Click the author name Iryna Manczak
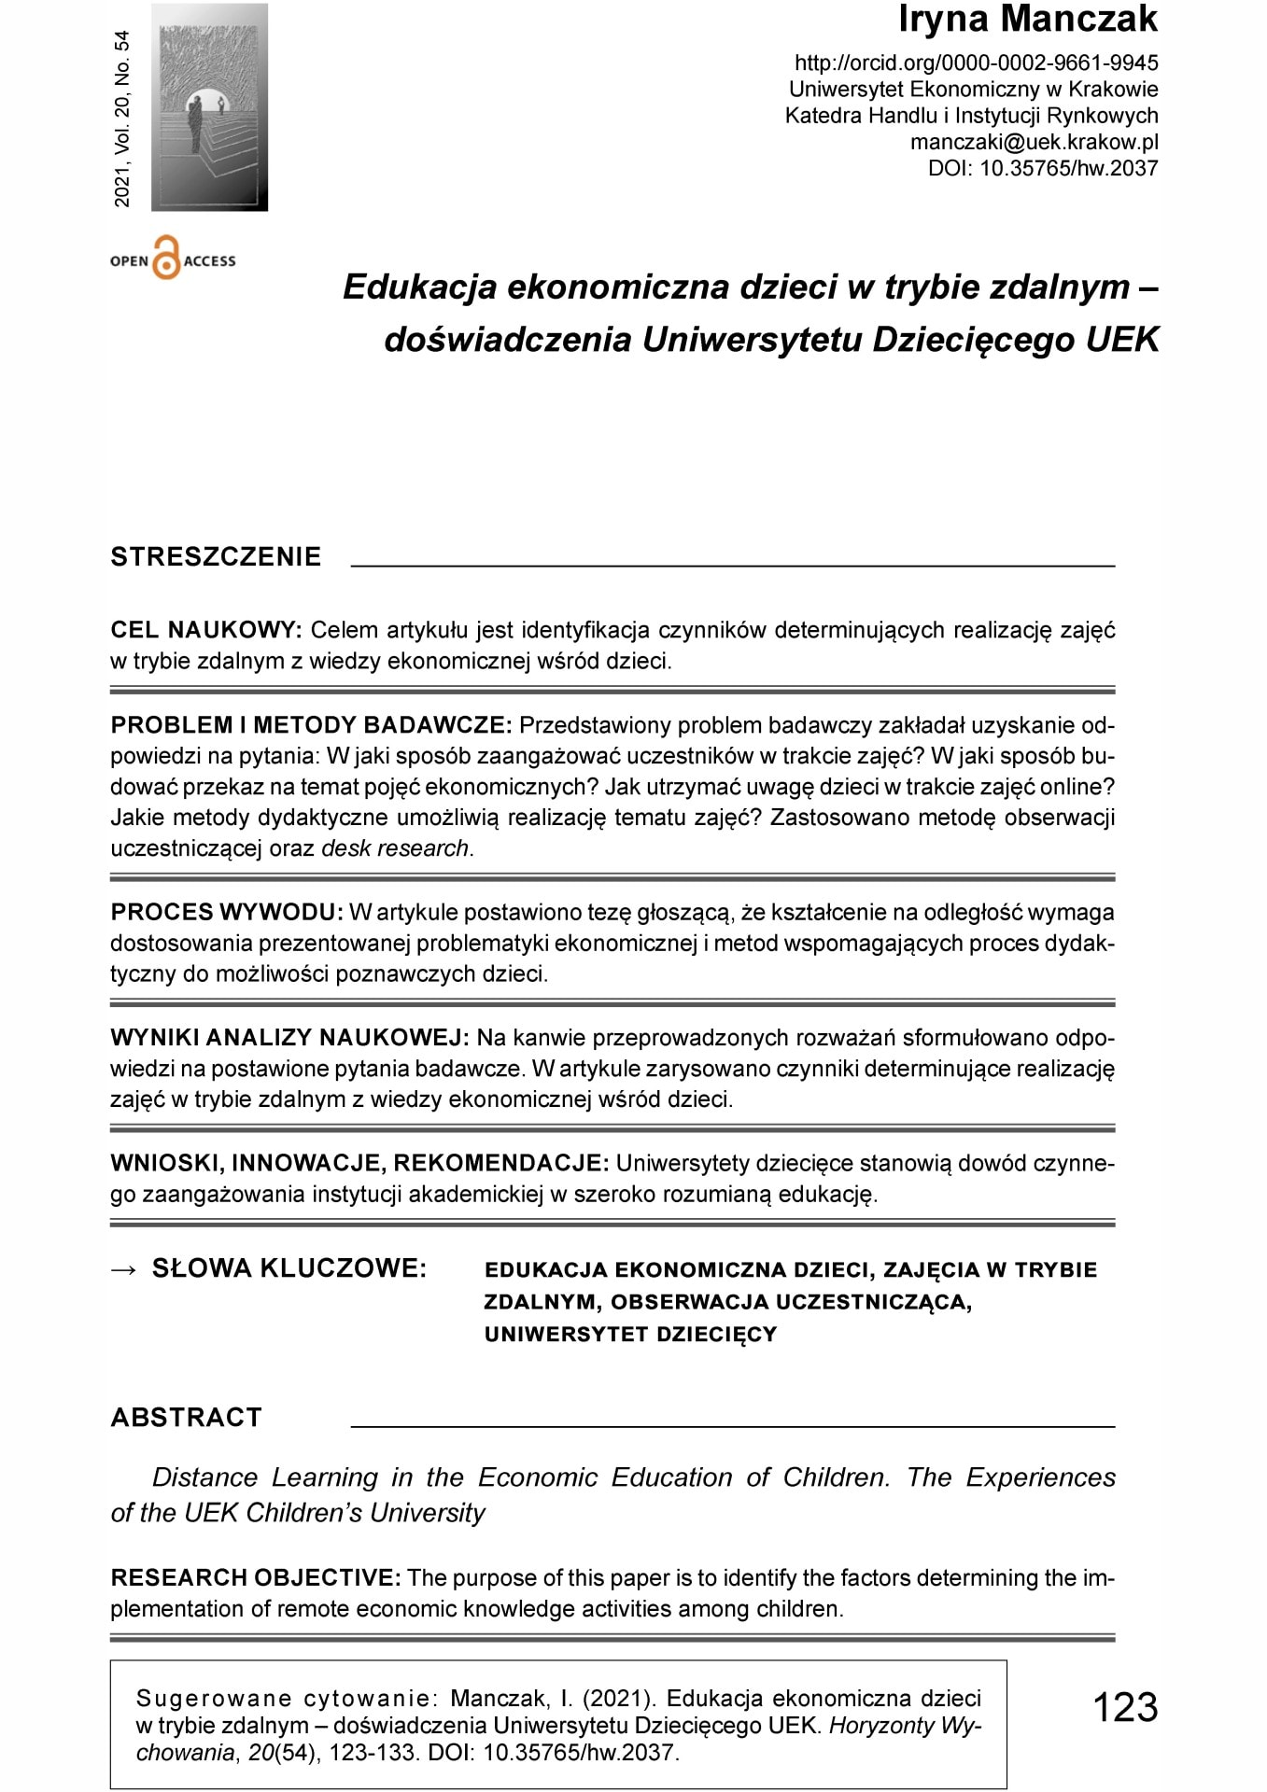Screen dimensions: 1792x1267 [x=1027, y=21]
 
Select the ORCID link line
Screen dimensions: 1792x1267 [x=976, y=63]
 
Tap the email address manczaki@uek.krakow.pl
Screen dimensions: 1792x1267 [x=1034, y=143]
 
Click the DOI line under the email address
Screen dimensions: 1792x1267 [x=1042, y=169]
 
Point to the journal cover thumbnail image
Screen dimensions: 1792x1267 [x=209, y=107]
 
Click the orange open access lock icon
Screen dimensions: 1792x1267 [x=165, y=259]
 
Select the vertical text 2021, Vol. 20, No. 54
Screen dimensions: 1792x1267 [x=122, y=119]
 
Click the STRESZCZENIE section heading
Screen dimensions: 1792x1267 [x=216, y=557]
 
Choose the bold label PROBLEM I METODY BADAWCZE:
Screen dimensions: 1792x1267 [x=311, y=726]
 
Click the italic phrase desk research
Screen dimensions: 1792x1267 [x=395, y=849]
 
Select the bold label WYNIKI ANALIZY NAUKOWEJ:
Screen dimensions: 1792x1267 [x=289, y=1038]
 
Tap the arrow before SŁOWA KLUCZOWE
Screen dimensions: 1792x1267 [x=123, y=1269]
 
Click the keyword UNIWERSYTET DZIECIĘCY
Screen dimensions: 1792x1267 [x=630, y=1335]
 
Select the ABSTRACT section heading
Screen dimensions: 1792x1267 [x=186, y=1418]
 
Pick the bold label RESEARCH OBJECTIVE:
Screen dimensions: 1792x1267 [x=256, y=1578]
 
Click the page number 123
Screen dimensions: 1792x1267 [x=1124, y=1708]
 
